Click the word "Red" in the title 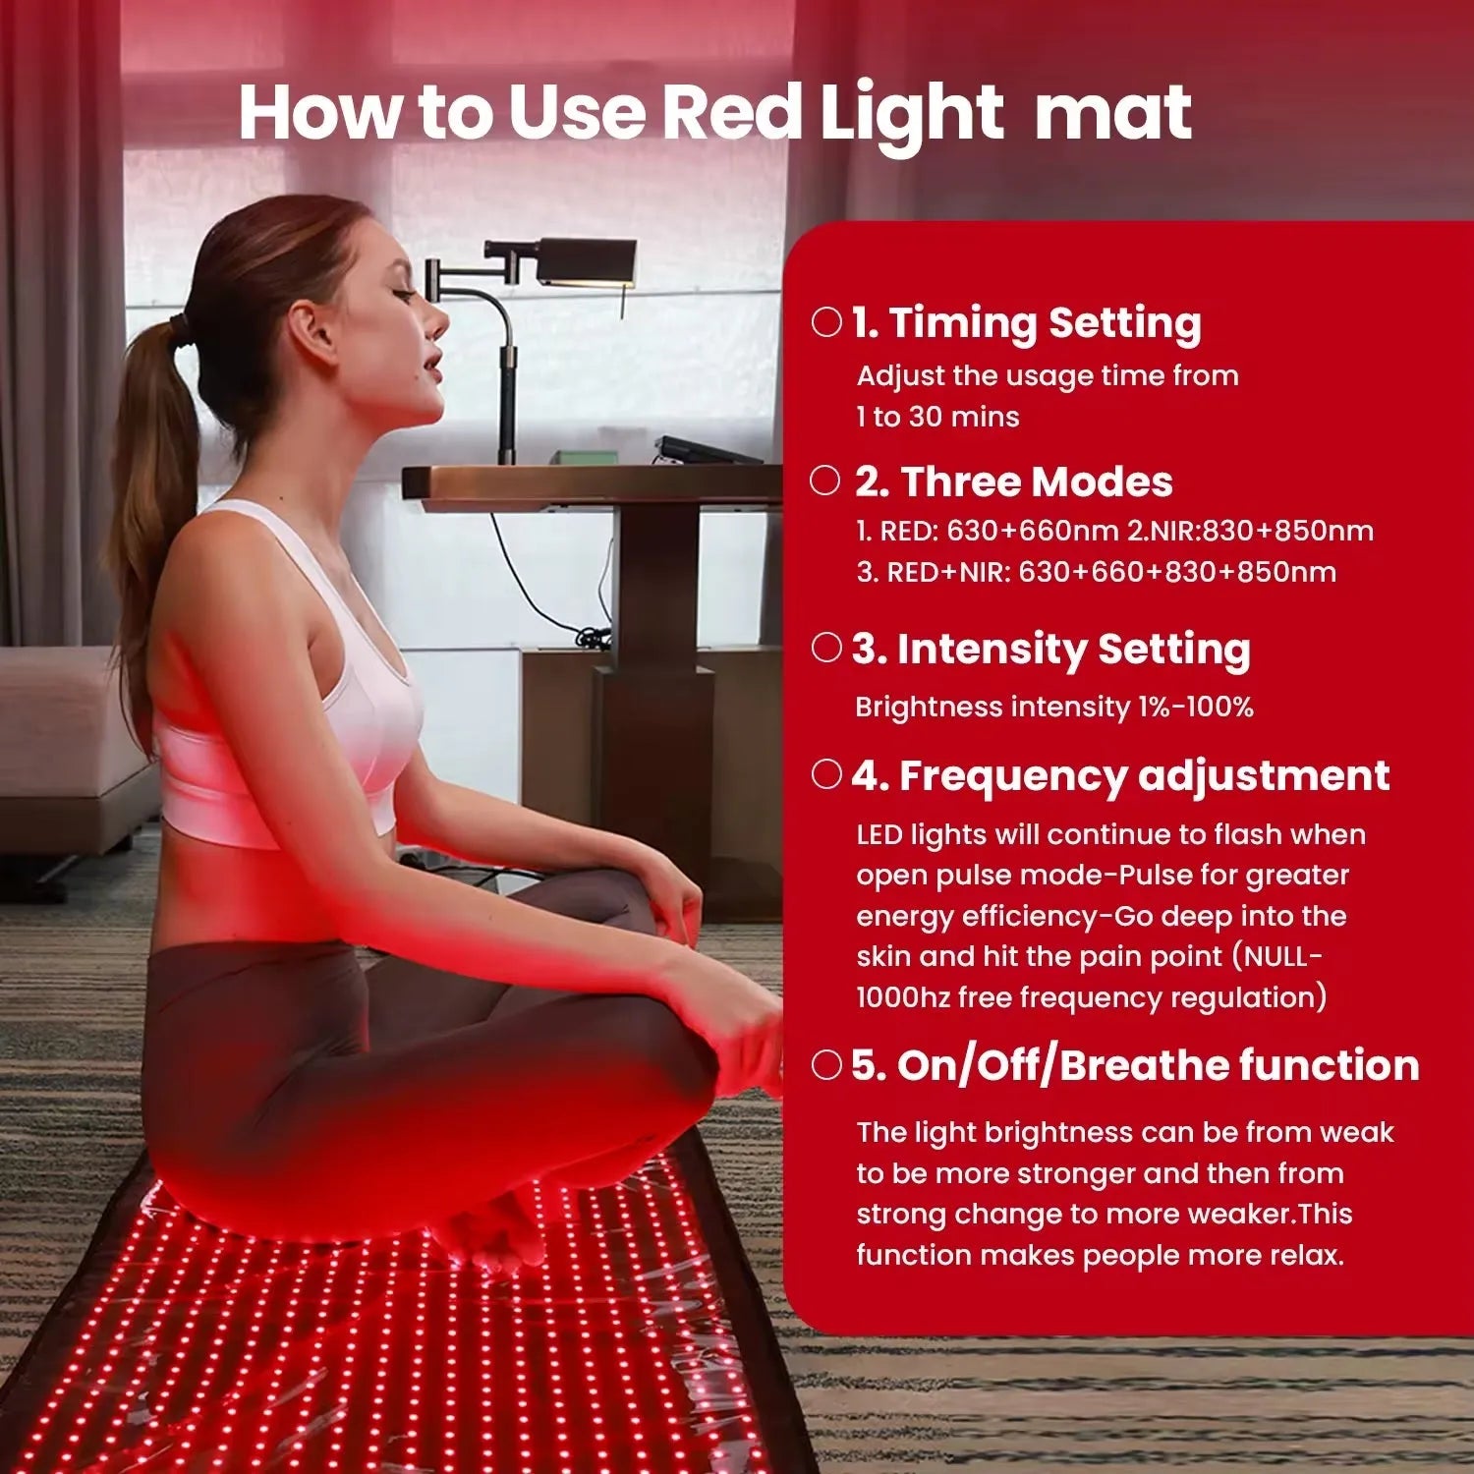click(732, 113)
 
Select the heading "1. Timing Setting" click(1026, 323)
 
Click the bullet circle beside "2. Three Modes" click(825, 481)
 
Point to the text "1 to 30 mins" click(937, 417)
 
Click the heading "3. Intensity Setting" click(1050, 650)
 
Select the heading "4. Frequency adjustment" click(1120, 776)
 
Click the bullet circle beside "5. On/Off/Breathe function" click(826, 1065)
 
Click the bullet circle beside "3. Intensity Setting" click(826, 648)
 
